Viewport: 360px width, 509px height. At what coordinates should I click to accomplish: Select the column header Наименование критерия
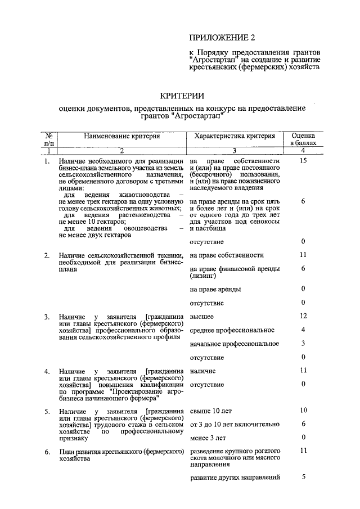pyautogui.click(x=122, y=136)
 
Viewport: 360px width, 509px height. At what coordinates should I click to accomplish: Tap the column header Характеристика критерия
pyautogui.click(x=235, y=136)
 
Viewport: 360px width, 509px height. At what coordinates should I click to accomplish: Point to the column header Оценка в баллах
pyautogui.click(x=303, y=139)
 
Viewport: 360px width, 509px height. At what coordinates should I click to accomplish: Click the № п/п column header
pyautogui.click(x=49, y=139)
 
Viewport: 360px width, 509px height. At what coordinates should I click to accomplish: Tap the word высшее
pyautogui.click(x=201, y=317)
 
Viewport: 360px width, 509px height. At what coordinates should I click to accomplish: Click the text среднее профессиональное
pyautogui.click(x=231, y=330)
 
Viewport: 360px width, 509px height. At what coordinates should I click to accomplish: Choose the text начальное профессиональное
pyautogui.click(x=235, y=343)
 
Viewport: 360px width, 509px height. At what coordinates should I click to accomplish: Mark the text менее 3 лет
pyautogui.click(x=208, y=438)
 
